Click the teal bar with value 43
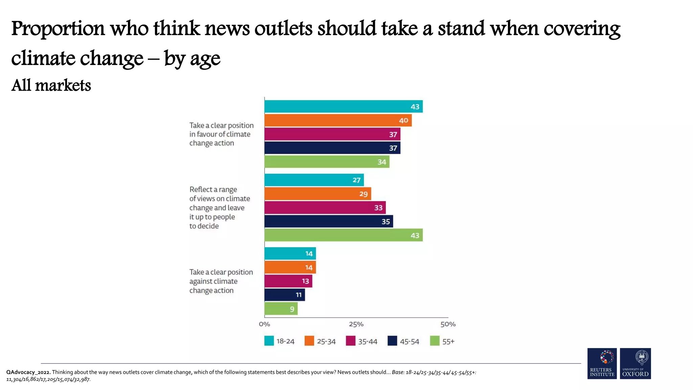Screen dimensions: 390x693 click(343, 106)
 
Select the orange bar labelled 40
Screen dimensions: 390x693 click(338, 120)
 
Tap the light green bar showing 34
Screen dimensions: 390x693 click(327, 161)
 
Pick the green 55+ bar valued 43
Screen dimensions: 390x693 click(343, 235)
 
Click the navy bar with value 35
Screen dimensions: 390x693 click(328, 221)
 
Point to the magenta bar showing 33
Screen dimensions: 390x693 click(325, 208)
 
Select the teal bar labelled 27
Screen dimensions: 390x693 click(314, 180)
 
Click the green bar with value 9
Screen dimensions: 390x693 click(281, 308)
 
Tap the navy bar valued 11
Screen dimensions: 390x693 click(284, 295)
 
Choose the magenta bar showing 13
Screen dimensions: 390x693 click(288, 281)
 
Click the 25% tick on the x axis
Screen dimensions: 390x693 click(356, 324)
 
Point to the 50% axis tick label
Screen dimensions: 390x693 click(448, 324)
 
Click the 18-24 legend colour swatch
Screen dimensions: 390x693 click(269, 341)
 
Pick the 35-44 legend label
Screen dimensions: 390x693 click(367, 342)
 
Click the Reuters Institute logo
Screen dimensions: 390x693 click(602, 363)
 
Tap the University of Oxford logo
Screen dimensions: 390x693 click(635, 363)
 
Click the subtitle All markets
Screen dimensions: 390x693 click(51, 85)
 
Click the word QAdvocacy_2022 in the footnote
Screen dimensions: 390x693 click(28, 372)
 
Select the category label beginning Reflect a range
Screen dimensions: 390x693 click(219, 208)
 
